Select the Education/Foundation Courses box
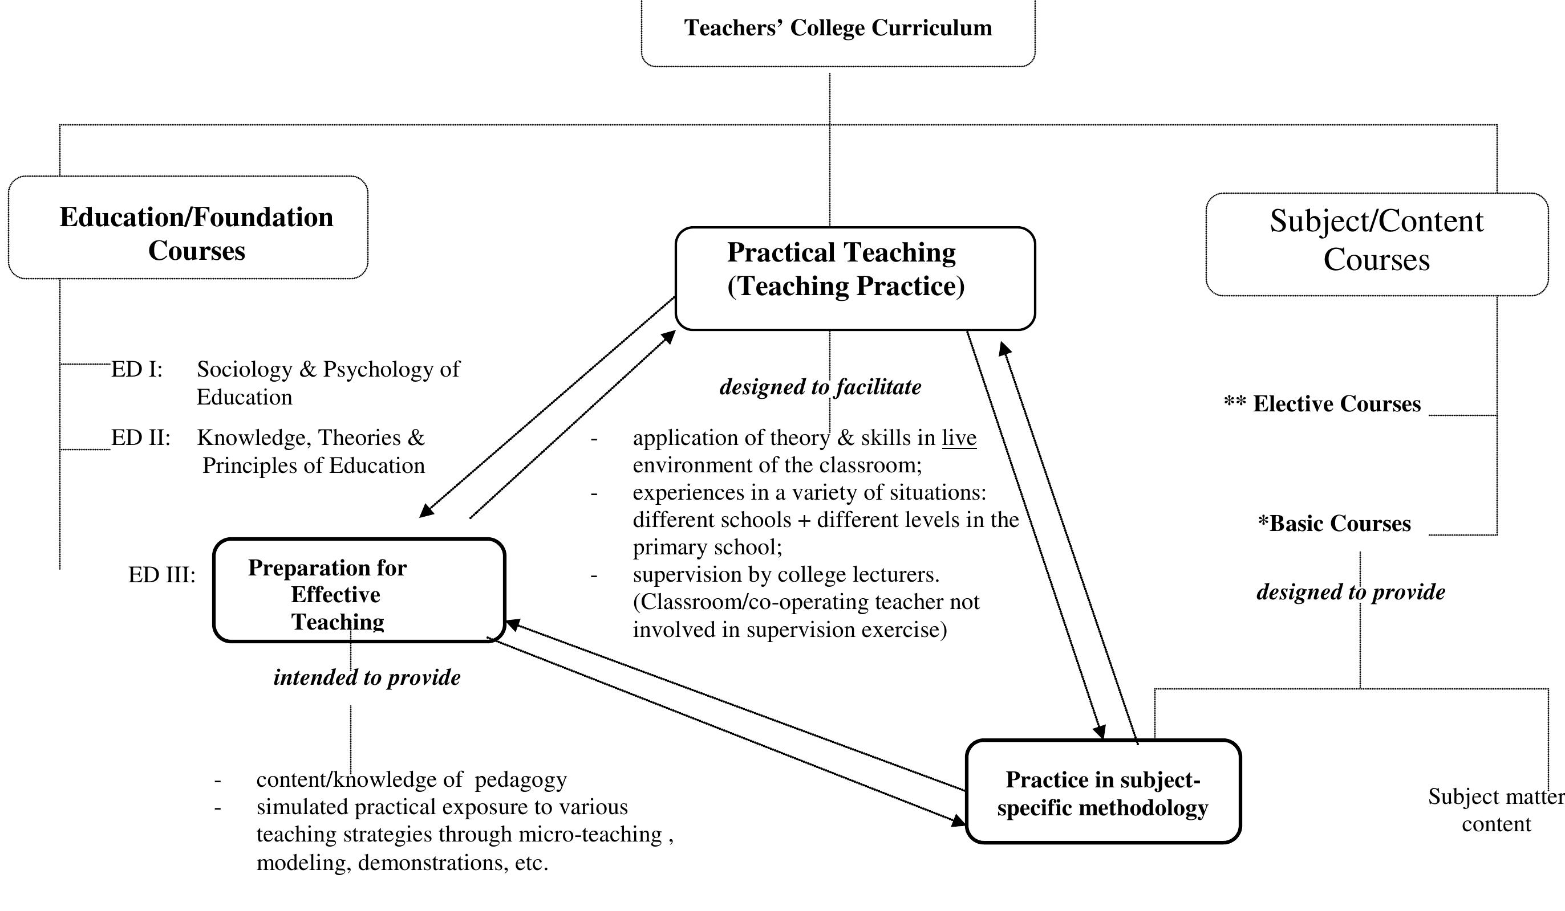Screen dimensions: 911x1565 click(188, 228)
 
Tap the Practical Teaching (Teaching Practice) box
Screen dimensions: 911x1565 click(854, 278)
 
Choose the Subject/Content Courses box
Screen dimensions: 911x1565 click(1376, 244)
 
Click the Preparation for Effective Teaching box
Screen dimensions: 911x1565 click(359, 590)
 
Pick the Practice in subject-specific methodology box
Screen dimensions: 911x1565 click(1103, 791)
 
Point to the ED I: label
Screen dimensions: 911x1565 click(137, 370)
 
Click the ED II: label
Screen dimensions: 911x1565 click(140, 438)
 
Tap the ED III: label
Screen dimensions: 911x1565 click(161, 575)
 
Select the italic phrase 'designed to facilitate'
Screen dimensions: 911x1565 click(820, 387)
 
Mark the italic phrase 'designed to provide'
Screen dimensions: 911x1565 click(1351, 592)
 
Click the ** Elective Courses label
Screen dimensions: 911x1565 click(1322, 404)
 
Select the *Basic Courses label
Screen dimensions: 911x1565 click(1334, 524)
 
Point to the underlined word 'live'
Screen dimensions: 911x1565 click(959, 438)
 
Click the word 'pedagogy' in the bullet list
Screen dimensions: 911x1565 click(520, 780)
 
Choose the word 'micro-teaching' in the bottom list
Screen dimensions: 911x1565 click(590, 835)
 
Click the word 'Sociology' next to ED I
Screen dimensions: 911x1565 click(245, 370)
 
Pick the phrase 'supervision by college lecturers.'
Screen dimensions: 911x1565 click(785, 575)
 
